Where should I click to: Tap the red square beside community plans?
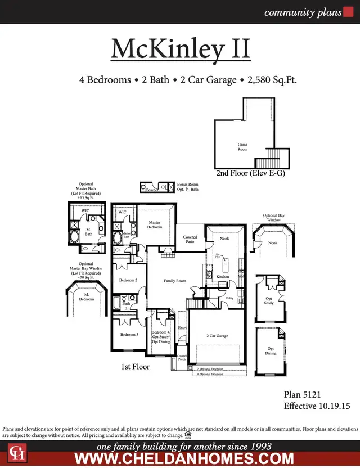coord(348,12)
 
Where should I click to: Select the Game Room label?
coord(242,147)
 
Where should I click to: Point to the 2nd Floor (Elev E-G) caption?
coord(250,174)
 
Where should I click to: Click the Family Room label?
coord(174,281)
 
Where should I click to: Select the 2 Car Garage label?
coord(217,336)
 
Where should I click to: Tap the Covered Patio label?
coord(190,240)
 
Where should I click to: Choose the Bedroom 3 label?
coord(129,335)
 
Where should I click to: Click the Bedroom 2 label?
coord(128,280)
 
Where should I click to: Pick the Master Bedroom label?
coord(155,224)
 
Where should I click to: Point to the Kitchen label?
coord(223,277)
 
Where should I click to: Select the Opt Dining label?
coord(271,351)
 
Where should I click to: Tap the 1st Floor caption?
coord(136,366)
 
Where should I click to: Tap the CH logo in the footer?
coord(17,453)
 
